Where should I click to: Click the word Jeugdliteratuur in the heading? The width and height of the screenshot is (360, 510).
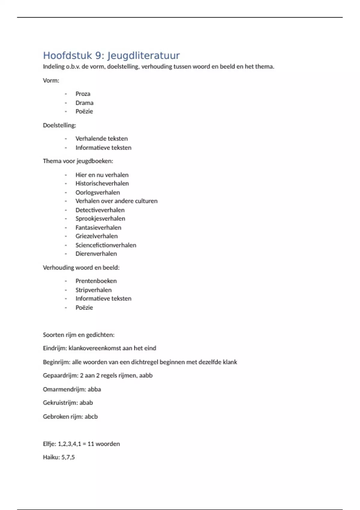coord(143,55)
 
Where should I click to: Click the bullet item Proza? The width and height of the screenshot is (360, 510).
coord(83,94)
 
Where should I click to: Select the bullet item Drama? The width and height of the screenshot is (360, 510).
coord(84,103)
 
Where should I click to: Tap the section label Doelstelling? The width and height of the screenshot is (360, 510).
coord(59,125)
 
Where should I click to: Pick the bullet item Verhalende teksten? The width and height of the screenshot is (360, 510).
coord(101,139)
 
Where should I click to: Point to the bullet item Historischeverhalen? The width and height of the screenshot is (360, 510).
coord(102,183)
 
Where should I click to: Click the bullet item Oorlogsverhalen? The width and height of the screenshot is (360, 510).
coord(97,192)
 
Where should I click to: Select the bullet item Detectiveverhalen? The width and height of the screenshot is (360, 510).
coord(100,210)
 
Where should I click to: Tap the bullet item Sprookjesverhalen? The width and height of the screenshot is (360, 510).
coord(100,219)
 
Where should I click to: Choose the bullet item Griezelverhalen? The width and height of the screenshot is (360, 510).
coord(96,236)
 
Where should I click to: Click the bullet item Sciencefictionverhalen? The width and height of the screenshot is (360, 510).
coord(106,245)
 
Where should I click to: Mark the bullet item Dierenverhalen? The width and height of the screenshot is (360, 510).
coord(96,254)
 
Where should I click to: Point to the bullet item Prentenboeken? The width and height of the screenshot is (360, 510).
coord(96,281)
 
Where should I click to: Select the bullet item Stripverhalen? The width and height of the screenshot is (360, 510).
coord(93,290)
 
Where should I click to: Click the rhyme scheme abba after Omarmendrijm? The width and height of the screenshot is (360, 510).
coord(94,389)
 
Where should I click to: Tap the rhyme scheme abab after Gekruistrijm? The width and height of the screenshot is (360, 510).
coord(86,403)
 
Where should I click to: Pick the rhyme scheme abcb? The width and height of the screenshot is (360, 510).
coord(91,417)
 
